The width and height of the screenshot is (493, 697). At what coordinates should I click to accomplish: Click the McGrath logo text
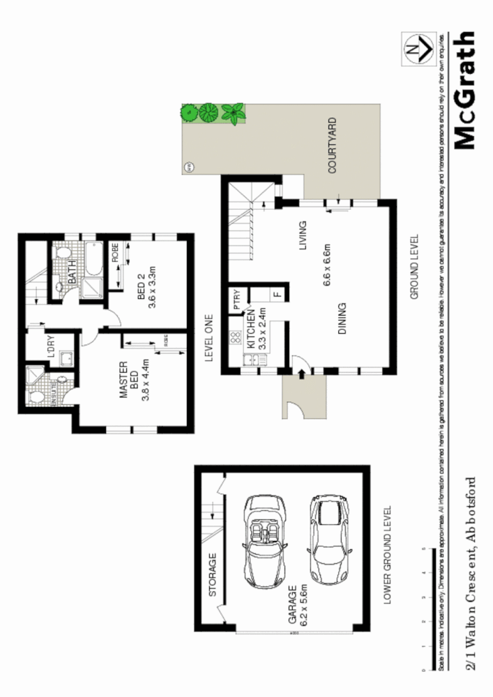click(464, 90)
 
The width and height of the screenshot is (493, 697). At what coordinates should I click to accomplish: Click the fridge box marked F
click(277, 294)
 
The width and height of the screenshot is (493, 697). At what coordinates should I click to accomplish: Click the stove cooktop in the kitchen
click(235, 342)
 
